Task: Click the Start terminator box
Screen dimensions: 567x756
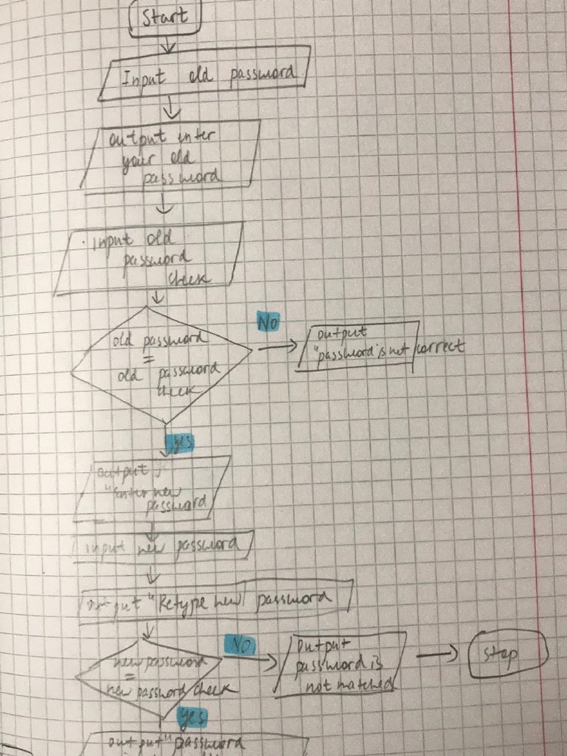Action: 165,17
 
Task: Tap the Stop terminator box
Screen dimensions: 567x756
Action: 508,653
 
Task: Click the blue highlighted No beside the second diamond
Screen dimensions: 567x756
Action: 238,645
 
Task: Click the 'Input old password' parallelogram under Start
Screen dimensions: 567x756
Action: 205,74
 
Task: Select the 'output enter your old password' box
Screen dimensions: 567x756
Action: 171,157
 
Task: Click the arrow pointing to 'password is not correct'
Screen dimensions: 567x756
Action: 277,347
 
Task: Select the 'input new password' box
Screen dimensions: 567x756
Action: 164,546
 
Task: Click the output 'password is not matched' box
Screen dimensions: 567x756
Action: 340,664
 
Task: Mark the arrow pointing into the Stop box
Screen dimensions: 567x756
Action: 439,654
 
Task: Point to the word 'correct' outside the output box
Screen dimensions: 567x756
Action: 441,346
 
